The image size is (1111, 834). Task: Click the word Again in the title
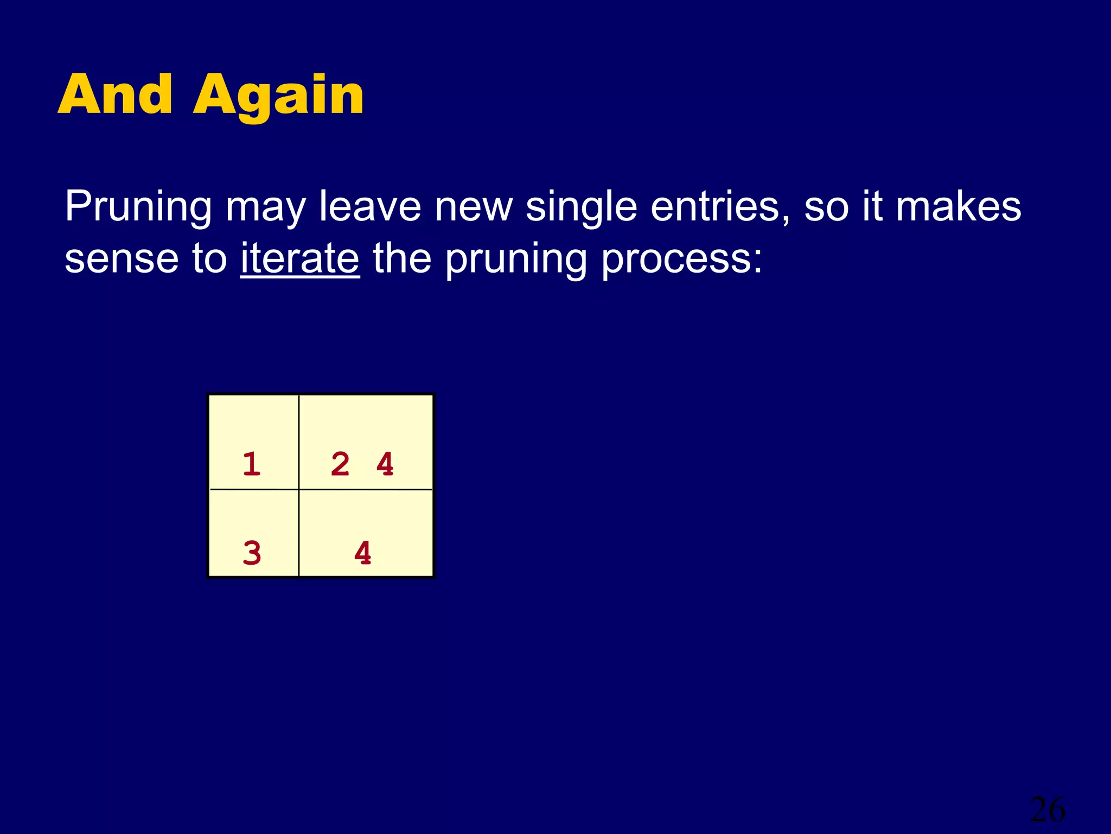point(278,98)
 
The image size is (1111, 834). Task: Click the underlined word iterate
point(300,258)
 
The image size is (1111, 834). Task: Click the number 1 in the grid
point(252,464)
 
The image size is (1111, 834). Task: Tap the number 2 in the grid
point(340,464)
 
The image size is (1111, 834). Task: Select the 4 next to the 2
point(385,464)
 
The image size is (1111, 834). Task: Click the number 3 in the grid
point(252,553)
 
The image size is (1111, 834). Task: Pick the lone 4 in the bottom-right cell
point(363,553)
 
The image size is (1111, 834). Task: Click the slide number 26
point(1047,810)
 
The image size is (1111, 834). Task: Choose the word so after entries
point(826,207)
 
